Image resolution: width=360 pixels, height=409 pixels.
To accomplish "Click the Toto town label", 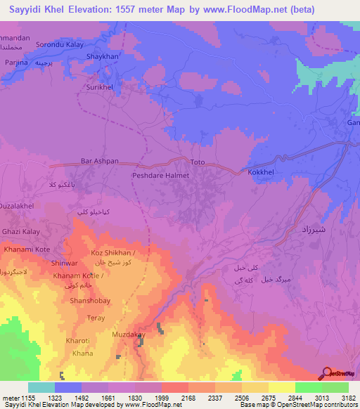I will (x=197, y=162).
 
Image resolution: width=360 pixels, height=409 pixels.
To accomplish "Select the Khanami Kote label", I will (x=27, y=249).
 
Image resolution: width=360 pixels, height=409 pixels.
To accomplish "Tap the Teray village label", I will (x=96, y=318).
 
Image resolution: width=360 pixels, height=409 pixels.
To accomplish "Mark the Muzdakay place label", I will (x=129, y=335).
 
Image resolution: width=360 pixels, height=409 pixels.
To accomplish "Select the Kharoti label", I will (x=78, y=341).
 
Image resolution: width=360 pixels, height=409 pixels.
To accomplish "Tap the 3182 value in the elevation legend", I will (x=347, y=398).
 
